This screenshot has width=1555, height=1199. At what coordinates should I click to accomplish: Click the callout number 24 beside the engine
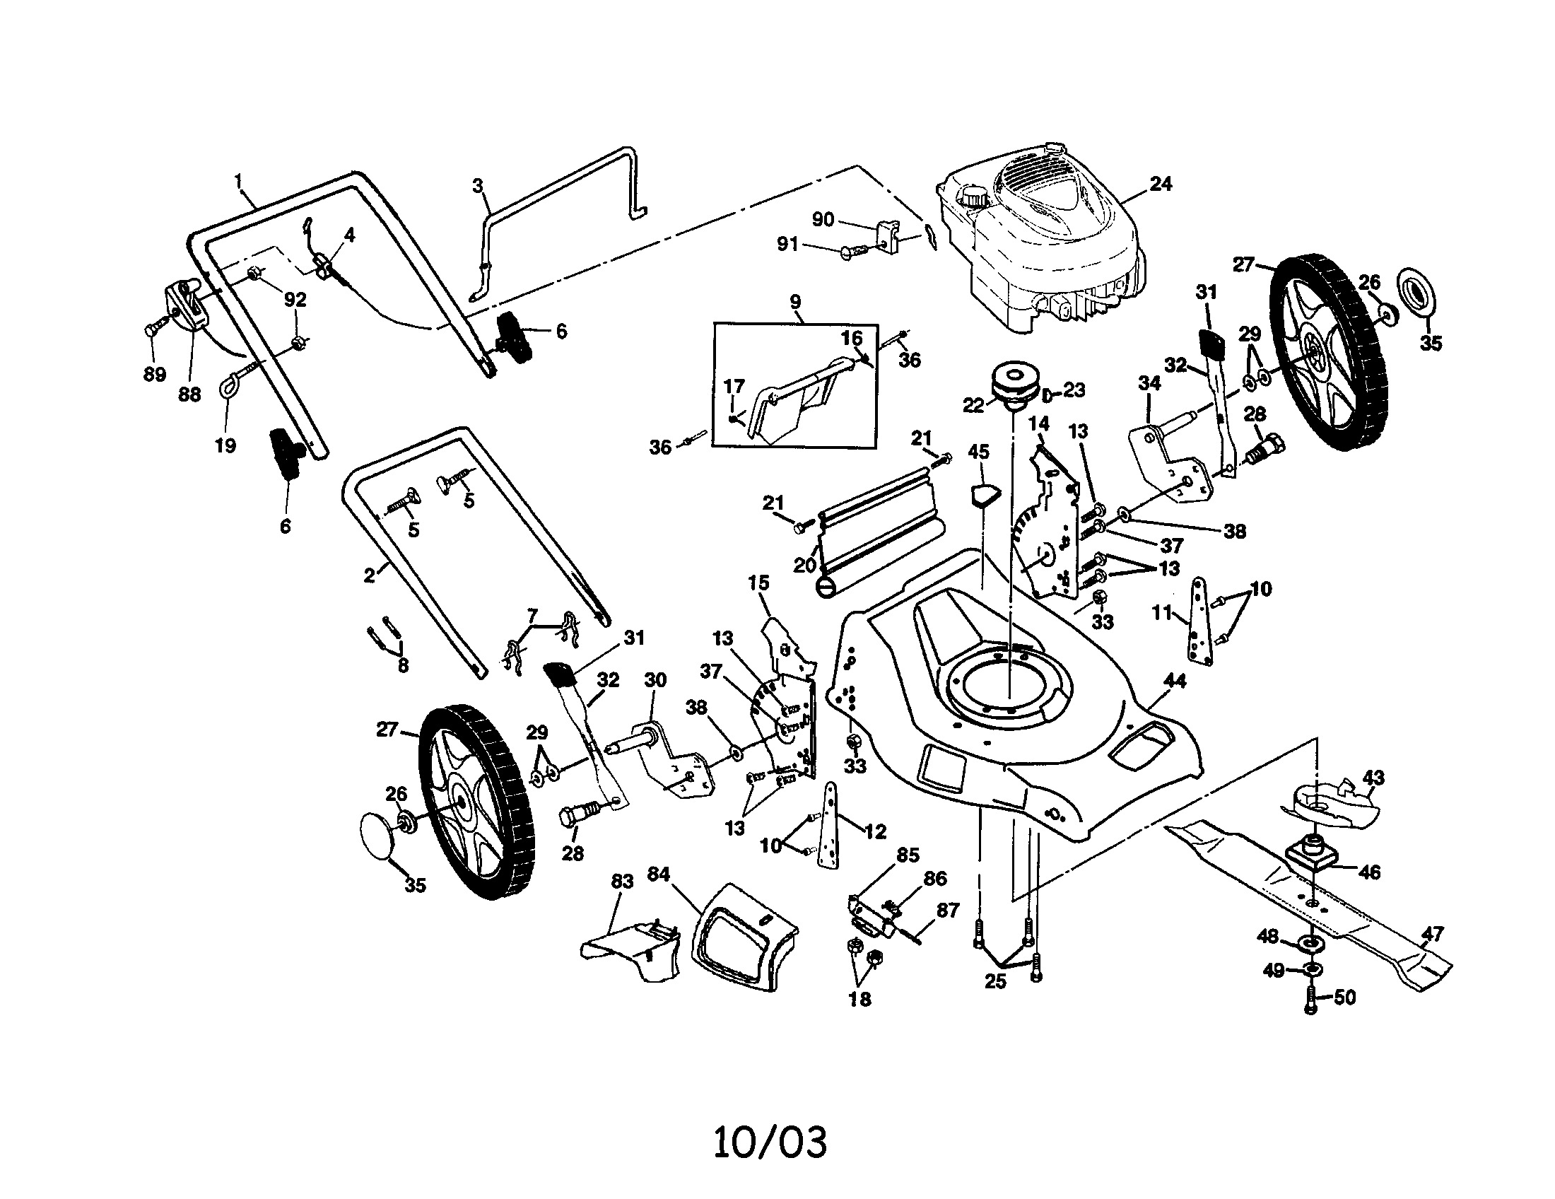pyautogui.click(x=1161, y=184)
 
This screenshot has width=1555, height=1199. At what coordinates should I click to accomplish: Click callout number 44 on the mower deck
pyautogui.click(x=1174, y=682)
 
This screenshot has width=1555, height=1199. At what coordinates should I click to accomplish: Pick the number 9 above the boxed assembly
pyautogui.click(x=795, y=301)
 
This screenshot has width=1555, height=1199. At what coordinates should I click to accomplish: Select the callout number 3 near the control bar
pyautogui.click(x=477, y=186)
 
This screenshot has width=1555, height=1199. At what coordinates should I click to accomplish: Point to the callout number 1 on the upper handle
pyautogui.click(x=238, y=180)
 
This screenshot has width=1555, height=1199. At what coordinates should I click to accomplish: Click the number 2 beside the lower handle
pyautogui.click(x=369, y=575)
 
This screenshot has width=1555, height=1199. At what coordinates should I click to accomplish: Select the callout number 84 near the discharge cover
pyautogui.click(x=659, y=874)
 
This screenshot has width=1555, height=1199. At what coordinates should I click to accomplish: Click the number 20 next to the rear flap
pyautogui.click(x=804, y=566)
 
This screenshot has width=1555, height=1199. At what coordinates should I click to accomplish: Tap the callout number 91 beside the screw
pyautogui.click(x=787, y=244)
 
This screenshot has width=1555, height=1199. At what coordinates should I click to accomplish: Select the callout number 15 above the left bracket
pyautogui.click(x=758, y=583)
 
